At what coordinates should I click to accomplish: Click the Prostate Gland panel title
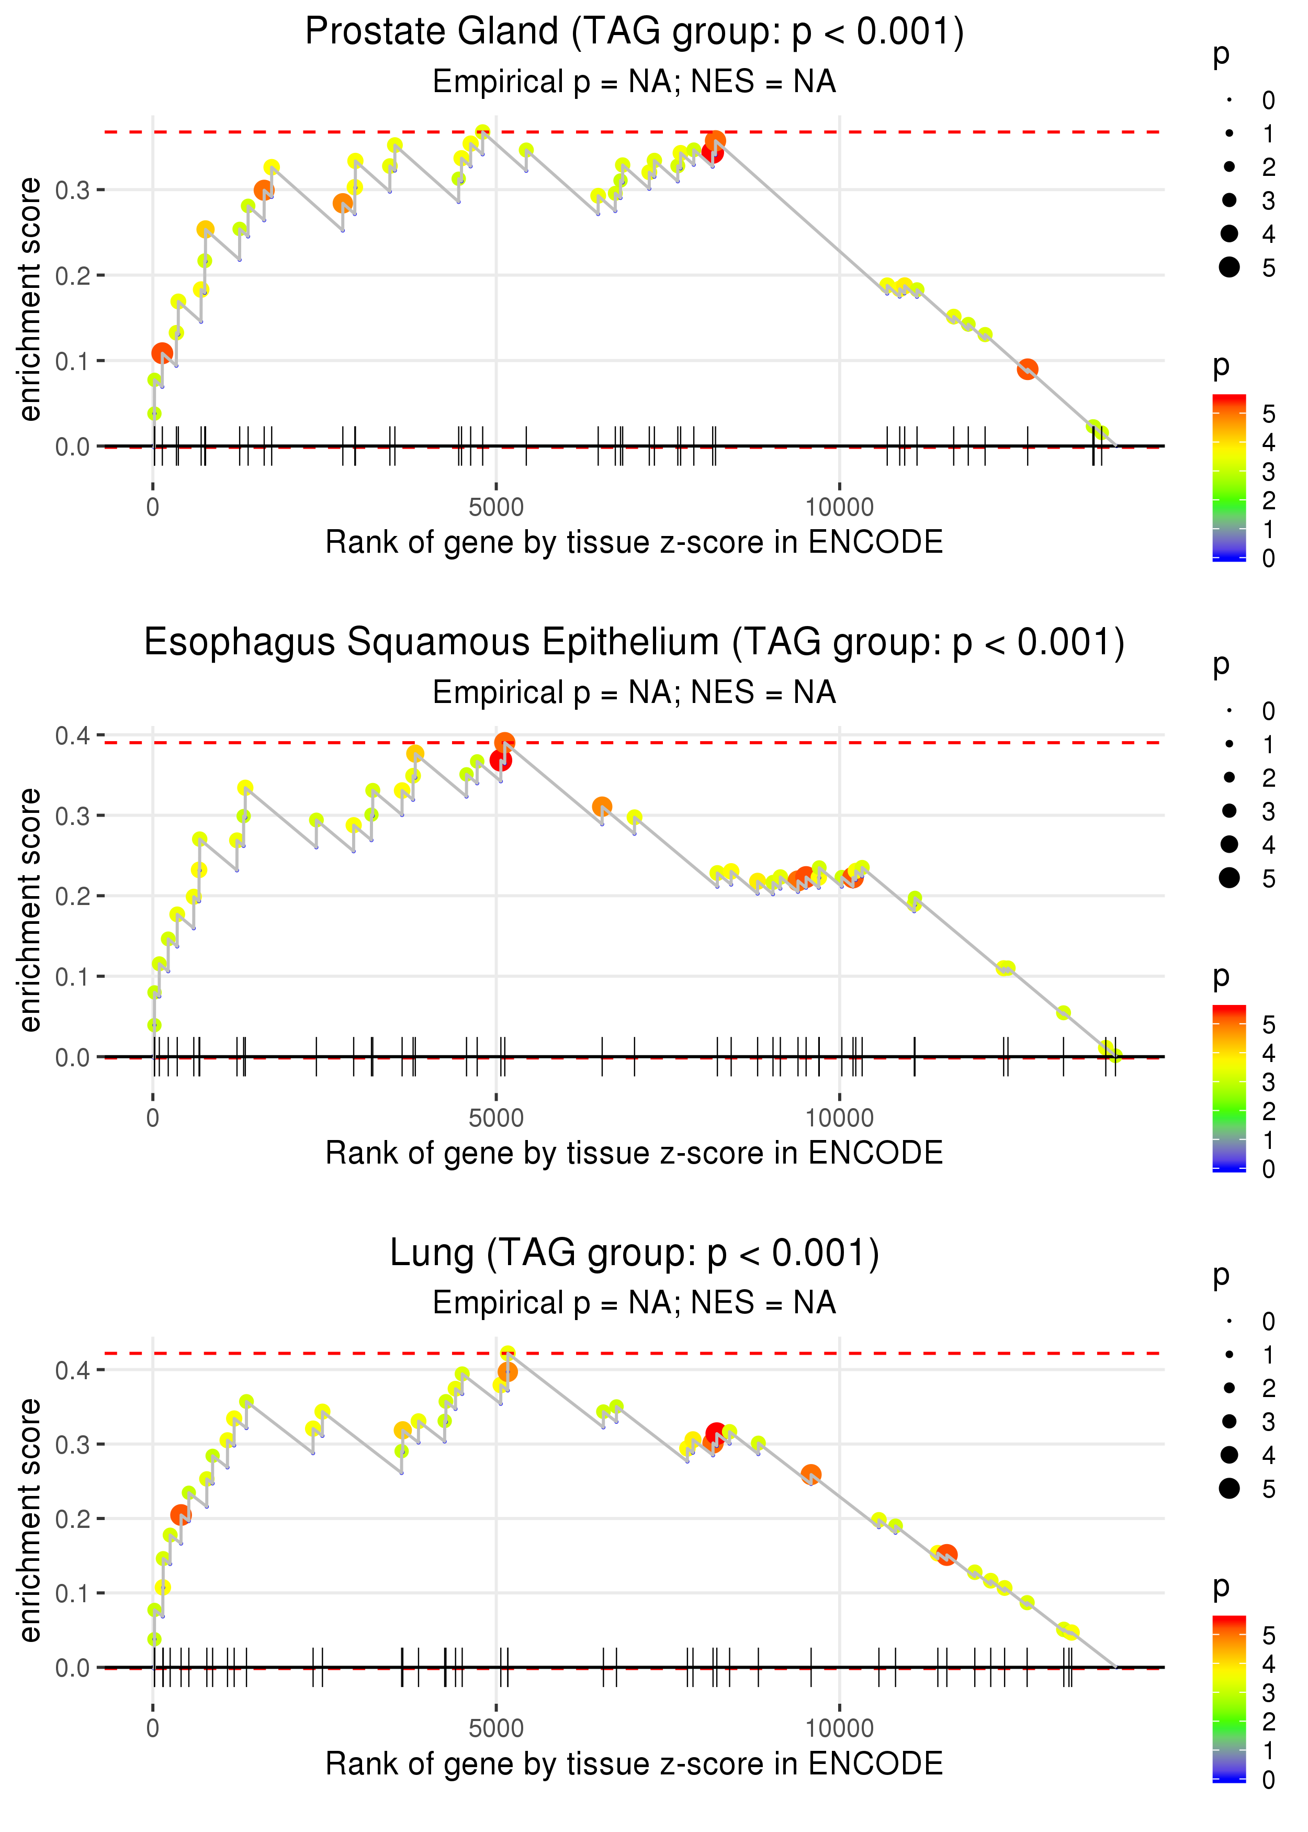coord(634,32)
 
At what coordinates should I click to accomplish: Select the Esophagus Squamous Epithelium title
coord(634,643)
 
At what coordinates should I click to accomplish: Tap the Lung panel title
coord(634,1254)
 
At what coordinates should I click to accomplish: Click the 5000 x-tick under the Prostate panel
coord(496,508)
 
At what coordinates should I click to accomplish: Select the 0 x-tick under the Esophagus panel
coord(153,1118)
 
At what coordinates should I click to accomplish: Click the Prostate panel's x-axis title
coord(634,542)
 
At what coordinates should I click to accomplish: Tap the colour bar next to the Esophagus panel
coord(1229,1088)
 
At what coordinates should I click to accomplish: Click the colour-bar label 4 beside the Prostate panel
coord(1269,442)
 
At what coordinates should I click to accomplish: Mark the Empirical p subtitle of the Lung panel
coord(634,1303)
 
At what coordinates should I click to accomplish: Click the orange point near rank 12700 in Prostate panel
coord(1027,370)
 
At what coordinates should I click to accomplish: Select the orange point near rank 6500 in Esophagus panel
coord(602,807)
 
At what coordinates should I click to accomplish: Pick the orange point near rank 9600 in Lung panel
coord(811,1474)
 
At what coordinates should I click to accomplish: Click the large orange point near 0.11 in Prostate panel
coord(162,353)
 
